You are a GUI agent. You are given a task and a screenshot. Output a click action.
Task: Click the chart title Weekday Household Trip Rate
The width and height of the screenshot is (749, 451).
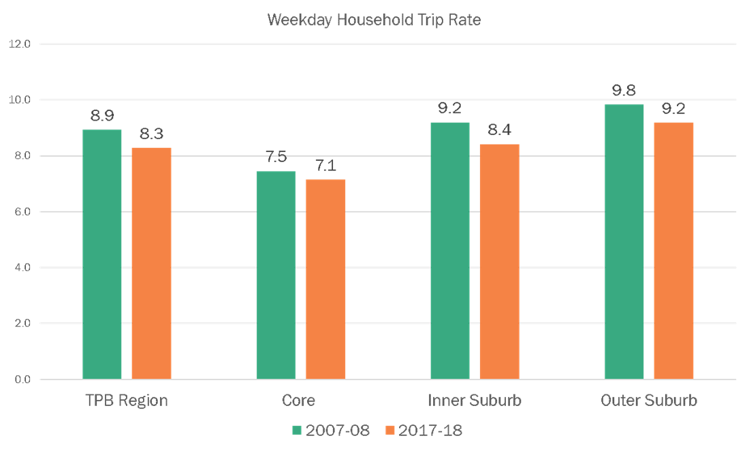[x=374, y=20]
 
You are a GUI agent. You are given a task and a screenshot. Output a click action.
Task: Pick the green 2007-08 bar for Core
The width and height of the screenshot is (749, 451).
[x=276, y=275]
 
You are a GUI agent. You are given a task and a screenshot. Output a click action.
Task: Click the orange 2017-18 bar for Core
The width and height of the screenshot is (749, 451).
[x=325, y=279]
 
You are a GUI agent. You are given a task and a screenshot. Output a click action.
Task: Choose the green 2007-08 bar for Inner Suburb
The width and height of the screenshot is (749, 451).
[x=449, y=251]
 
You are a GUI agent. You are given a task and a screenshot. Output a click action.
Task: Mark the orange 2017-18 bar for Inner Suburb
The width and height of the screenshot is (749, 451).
[x=499, y=262]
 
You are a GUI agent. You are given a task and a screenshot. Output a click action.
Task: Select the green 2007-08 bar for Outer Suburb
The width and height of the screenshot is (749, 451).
[x=624, y=242]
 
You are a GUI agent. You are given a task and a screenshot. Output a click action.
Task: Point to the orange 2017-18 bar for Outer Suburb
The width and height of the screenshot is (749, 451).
[x=673, y=251]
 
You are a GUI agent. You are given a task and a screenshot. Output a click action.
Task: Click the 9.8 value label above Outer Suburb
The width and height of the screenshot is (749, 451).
[x=624, y=91]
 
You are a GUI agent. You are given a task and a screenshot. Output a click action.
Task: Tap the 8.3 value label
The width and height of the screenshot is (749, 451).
[x=151, y=134]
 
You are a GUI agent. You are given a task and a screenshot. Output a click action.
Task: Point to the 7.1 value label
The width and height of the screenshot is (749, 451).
[x=325, y=166]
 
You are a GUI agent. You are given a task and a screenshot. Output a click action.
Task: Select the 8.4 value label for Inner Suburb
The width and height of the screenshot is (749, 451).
[x=499, y=130]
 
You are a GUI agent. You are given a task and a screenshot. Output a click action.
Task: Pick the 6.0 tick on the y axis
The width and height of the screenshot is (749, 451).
[x=23, y=212]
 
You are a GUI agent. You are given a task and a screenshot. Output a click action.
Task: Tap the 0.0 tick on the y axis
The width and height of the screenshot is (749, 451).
[x=23, y=379]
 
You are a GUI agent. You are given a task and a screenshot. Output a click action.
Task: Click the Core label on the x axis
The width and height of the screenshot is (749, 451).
[x=299, y=400]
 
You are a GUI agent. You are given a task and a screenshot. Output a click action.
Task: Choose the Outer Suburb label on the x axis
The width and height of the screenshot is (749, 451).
[x=648, y=400]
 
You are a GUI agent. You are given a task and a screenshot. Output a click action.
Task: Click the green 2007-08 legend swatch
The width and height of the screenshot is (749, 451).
[x=297, y=430]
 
